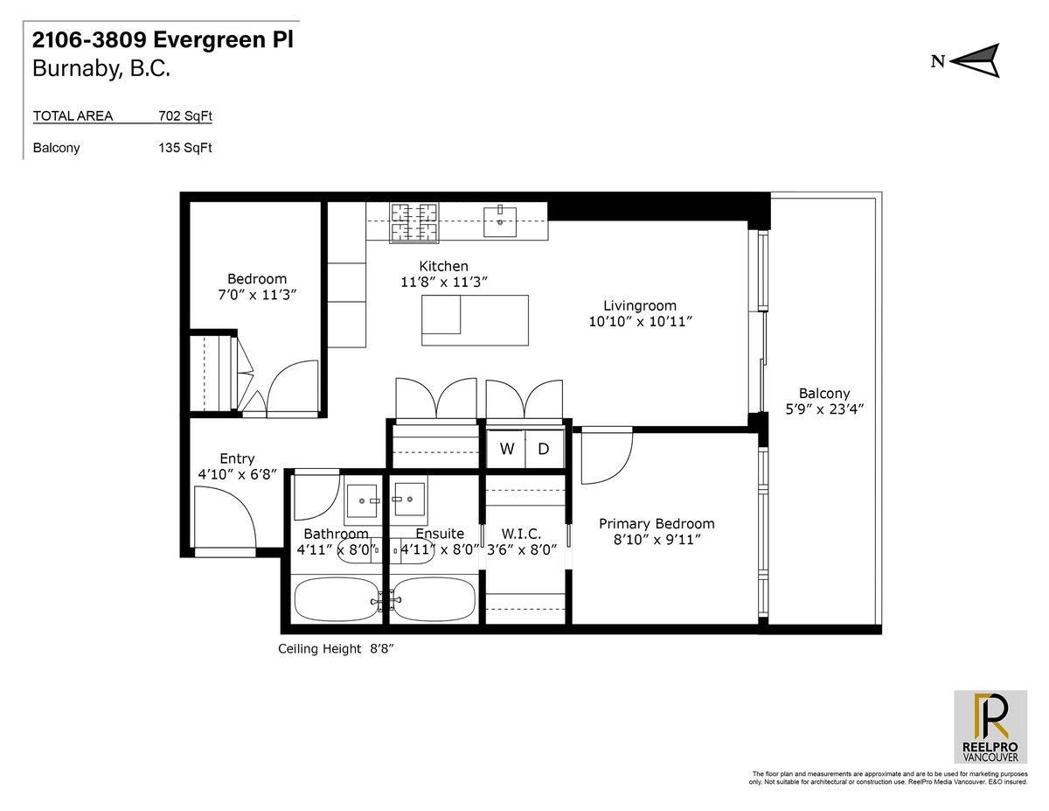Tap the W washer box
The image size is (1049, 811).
coord(506,449)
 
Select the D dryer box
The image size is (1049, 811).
coord(544,449)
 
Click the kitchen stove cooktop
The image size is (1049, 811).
coord(414,222)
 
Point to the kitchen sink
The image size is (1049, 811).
coord(500,221)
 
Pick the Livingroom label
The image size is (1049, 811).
coord(640,305)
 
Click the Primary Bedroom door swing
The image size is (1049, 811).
coord(607,455)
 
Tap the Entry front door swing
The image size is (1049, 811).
coord(225,521)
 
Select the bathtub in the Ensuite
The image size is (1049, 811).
coord(434,600)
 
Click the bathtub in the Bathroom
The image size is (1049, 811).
coord(337,600)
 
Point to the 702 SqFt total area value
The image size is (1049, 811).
coord(185,116)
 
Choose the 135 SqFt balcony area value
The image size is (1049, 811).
coord(185,148)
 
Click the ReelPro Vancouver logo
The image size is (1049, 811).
coord(990,726)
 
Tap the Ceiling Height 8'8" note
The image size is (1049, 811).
coord(336,648)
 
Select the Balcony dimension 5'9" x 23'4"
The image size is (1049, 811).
coord(824,409)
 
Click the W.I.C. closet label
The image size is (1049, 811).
coord(521,534)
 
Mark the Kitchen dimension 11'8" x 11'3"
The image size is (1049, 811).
coord(444,282)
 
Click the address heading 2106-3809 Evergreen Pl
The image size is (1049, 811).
coord(163,39)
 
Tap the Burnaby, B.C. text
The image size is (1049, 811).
coord(101,69)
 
